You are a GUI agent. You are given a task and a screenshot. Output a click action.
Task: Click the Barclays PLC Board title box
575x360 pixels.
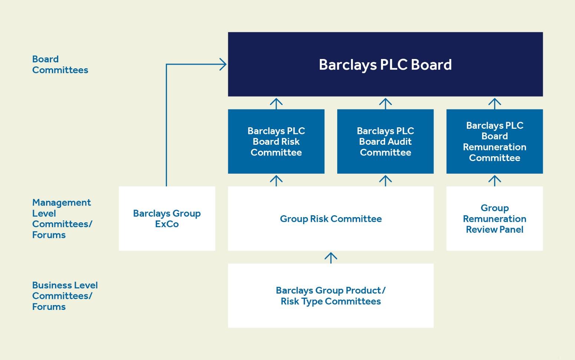point(385,65)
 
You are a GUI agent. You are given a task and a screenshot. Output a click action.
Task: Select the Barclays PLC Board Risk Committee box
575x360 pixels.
point(276,141)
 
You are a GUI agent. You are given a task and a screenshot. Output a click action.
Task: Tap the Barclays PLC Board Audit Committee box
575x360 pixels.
point(385,141)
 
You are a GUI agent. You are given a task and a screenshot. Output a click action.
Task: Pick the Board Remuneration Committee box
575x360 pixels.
point(494,141)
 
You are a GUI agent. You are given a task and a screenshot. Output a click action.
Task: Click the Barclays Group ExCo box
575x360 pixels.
point(167,219)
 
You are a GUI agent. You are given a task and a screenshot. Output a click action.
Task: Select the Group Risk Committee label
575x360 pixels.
point(331,219)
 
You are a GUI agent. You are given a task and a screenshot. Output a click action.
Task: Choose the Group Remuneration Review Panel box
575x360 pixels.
point(494,219)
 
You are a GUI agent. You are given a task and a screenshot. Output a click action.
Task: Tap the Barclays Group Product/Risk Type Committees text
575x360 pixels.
point(331,296)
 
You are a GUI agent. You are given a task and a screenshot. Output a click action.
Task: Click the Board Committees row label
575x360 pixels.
point(60,65)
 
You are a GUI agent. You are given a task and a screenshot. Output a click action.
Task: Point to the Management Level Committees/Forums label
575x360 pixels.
point(62,219)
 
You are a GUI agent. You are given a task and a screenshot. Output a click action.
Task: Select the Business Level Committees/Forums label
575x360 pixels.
point(65,296)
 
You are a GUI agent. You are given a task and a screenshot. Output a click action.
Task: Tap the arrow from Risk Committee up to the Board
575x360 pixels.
point(276,103)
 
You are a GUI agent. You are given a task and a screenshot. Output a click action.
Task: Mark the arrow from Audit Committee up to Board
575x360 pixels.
point(385,103)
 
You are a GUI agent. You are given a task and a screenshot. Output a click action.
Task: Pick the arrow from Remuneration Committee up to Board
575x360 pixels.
point(494,103)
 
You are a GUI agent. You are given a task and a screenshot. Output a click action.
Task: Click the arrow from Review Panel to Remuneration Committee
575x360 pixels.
point(494,180)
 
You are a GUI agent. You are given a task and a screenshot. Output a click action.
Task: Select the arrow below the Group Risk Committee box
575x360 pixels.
point(331,257)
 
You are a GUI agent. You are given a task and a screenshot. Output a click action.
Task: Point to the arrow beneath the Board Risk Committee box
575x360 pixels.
point(276,180)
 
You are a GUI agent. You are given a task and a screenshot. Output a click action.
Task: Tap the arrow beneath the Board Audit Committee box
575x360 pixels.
point(385,180)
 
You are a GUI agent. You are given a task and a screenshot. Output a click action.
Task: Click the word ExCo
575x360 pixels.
point(167,224)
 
